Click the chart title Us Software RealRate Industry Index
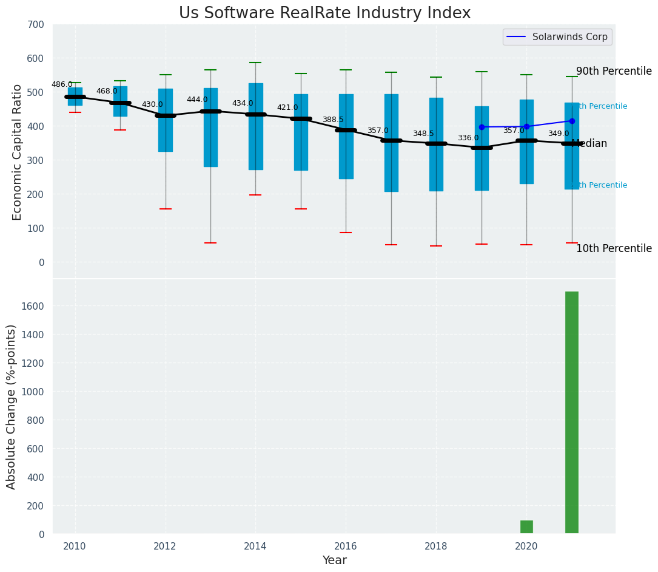pos(324,13)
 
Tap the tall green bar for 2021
pos(571,413)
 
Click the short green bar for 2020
pos(526,527)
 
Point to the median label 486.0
pos(62,84)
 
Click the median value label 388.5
pos(333,120)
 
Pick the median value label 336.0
pos(468,138)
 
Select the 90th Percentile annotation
pos(614,71)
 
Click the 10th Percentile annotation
pos(614,248)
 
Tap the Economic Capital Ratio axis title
pos(18,152)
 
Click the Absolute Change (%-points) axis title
pos(12,406)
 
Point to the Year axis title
pos(334,560)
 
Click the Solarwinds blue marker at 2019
pos(482,127)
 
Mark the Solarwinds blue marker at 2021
pos(572,121)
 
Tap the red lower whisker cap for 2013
pos(210,243)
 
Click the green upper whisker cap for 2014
pos(255,63)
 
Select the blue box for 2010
pos(75,97)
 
